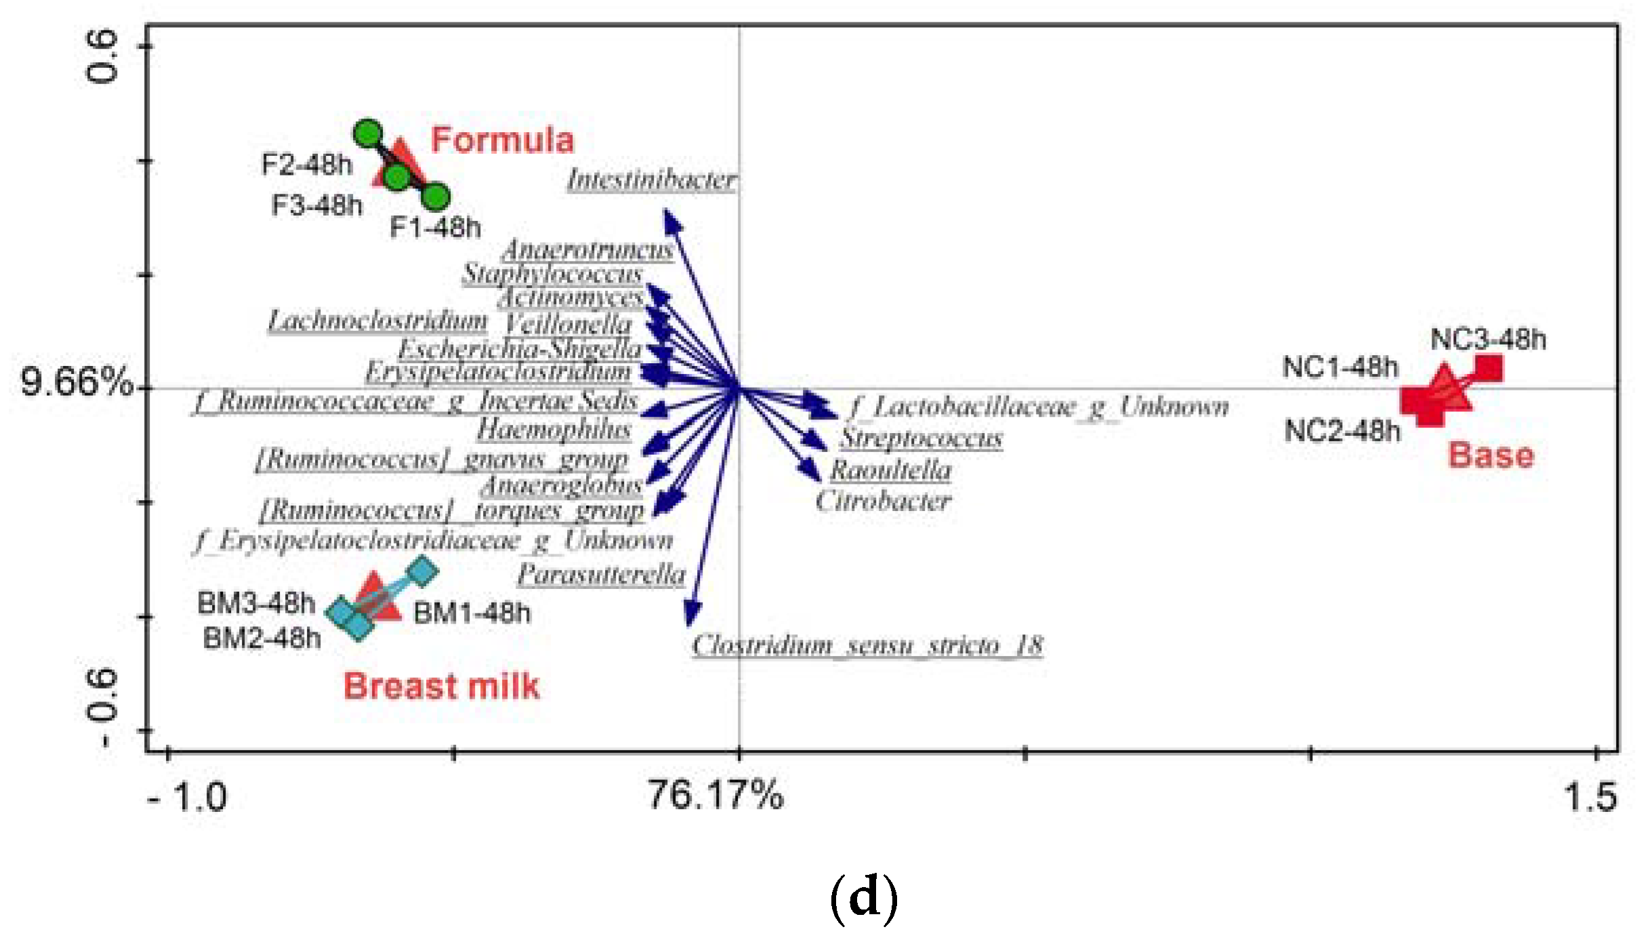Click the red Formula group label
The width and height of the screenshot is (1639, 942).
(502, 140)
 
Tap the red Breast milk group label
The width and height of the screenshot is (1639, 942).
(441, 686)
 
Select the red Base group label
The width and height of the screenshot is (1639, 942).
(1491, 455)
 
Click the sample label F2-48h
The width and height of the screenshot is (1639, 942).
(307, 165)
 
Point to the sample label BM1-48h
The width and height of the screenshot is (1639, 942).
(472, 613)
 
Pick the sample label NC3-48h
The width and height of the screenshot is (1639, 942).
(1488, 339)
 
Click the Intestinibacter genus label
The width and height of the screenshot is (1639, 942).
(652, 180)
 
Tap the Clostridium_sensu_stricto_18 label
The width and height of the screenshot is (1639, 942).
(867, 644)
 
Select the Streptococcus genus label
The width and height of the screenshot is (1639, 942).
(921, 438)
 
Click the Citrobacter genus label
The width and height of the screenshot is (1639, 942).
(883, 501)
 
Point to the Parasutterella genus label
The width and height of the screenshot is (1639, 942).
(601, 574)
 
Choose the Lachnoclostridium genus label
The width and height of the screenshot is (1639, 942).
(377, 321)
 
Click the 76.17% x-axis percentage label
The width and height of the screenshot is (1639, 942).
(715, 794)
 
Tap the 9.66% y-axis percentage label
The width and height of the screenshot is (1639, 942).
(77, 381)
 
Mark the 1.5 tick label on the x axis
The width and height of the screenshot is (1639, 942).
(1590, 797)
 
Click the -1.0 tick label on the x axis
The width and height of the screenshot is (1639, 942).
(187, 797)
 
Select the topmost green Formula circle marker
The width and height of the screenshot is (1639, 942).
(368, 134)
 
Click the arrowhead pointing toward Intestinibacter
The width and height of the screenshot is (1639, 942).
(670, 219)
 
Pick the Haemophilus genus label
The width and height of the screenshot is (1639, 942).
(554, 429)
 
